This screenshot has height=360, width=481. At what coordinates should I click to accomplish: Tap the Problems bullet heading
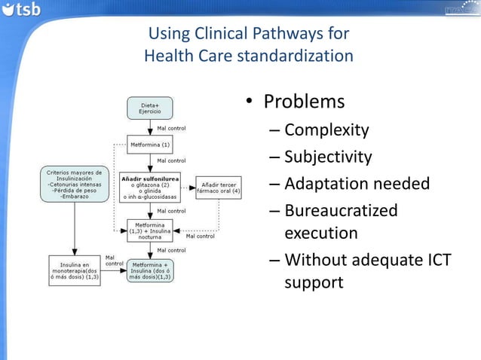pyautogui.click(x=304, y=102)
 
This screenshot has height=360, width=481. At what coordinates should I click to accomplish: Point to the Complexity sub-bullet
pyautogui.click(x=326, y=130)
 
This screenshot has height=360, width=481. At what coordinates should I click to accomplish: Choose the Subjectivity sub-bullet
pyautogui.click(x=328, y=157)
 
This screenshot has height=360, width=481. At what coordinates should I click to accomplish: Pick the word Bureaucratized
pyautogui.click(x=341, y=210)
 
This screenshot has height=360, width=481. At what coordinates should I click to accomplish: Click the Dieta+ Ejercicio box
pyautogui.click(x=150, y=108)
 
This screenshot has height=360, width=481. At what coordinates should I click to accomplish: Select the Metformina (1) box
pyautogui.click(x=150, y=143)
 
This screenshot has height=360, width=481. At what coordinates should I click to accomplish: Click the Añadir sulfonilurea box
pyautogui.click(x=150, y=187)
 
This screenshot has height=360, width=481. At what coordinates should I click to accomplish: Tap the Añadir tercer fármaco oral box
pyautogui.click(x=219, y=187)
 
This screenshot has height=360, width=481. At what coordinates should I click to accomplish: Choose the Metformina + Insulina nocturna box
pyautogui.click(x=150, y=229)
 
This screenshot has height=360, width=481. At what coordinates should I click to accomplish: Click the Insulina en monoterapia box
pyautogui.click(x=74, y=270)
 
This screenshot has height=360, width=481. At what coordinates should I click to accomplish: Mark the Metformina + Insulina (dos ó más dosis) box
pyautogui.click(x=151, y=270)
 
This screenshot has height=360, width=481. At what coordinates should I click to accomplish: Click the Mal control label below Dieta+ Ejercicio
pyautogui.click(x=171, y=128)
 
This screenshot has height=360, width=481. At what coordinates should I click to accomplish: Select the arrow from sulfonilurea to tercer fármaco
pyautogui.click(x=188, y=187)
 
